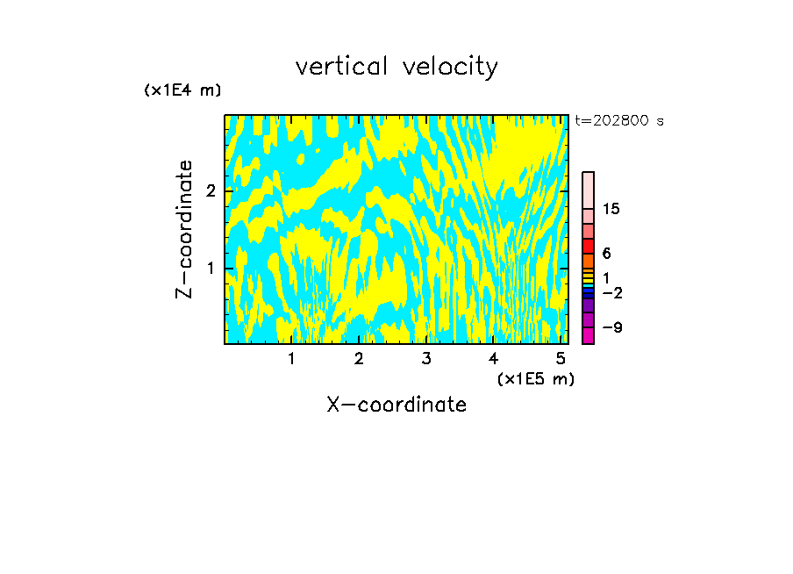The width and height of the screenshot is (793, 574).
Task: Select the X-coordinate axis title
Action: [396, 405]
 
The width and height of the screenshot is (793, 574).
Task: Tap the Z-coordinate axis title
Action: [184, 229]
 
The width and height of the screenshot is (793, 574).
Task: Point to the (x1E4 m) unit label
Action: [182, 90]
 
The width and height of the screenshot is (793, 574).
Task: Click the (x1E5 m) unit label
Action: [535, 378]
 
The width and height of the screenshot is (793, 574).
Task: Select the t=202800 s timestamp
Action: [619, 121]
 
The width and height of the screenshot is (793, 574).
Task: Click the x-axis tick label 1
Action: [292, 359]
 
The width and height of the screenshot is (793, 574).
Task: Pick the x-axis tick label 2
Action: [359, 359]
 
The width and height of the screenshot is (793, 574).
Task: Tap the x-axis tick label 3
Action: [426, 359]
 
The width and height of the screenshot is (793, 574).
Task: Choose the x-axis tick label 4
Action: [493, 359]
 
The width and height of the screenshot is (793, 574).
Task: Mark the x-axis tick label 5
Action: [561, 359]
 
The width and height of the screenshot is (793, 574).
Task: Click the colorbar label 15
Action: [612, 210]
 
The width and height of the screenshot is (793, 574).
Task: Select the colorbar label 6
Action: [607, 254]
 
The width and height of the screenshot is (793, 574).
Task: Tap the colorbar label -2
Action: [611, 293]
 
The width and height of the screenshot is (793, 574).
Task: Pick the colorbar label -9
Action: [611, 328]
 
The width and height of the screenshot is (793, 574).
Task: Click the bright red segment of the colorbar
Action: [588, 246]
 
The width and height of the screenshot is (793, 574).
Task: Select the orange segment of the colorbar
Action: [588, 261]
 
